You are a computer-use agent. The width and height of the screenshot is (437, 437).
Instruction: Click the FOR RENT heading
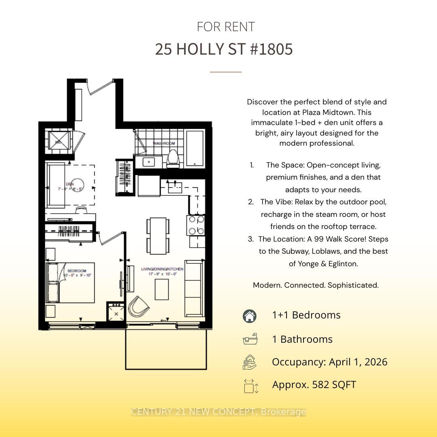click(226, 27)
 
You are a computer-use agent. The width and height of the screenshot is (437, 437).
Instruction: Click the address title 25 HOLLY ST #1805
click(224, 49)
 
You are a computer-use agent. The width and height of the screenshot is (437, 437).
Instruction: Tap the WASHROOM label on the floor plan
click(164, 143)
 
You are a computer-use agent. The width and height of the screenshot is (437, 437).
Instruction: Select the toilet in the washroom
click(172, 158)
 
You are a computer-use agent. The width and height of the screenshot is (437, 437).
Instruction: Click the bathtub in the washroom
click(196, 149)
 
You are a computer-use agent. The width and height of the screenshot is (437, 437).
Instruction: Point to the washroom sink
click(149, 162)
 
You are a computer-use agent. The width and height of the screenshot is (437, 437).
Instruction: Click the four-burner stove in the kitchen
click(196, 225)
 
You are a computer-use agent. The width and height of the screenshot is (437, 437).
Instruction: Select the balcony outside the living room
click(166, 349)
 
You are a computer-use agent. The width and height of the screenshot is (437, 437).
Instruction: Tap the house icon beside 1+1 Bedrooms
click(250, 316)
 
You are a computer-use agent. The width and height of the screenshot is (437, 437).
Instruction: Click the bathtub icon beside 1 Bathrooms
click(250, 339)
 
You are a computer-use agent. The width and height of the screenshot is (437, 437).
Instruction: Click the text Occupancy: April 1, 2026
click(329, 362)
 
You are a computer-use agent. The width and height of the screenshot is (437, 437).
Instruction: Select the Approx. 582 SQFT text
click(314, 384)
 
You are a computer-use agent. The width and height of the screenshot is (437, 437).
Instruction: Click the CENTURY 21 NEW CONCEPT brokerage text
click(218, 412)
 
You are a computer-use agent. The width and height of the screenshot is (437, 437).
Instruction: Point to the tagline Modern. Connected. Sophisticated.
click(316, 285)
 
